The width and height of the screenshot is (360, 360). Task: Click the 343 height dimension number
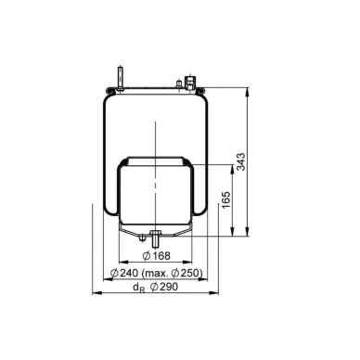(x=240, y=161)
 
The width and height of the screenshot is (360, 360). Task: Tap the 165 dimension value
(x=226, y=199)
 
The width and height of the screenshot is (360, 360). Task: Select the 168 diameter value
(x=161, y=256)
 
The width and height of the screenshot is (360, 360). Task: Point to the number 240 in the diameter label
(x=129, y=273)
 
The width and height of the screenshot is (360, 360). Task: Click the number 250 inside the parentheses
(x=190, y=273)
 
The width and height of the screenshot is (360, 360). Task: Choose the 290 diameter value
(x=169, y=287)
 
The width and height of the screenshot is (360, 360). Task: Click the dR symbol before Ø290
(x=138, y=288)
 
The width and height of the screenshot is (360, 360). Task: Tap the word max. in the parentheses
(x=157, y=274)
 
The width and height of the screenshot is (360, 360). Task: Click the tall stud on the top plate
(x=120, y=79)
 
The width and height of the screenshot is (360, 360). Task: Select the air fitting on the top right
(x=189, y=82)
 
